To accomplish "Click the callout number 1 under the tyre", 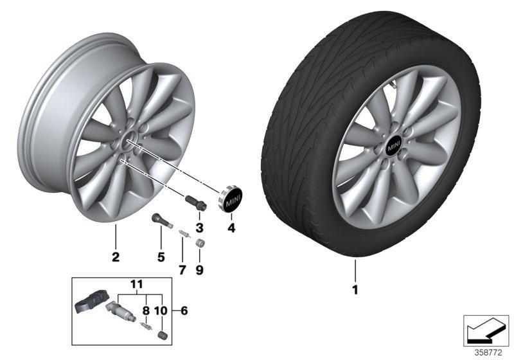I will [354, 289].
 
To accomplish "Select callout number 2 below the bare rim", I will [116, 257].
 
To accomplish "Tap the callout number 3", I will [199, 228].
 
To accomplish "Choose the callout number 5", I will [161, 257].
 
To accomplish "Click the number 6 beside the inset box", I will [184, 310].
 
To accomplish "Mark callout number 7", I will [182, 269].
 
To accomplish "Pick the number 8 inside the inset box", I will [146, 310].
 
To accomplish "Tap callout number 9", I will [200, 269].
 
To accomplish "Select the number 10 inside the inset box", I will [161, 310].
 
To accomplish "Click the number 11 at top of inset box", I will [136, 283].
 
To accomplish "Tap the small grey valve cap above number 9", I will [200, 244].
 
